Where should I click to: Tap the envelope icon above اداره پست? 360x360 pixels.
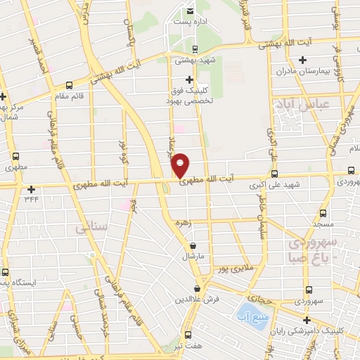click(x=191, y=11)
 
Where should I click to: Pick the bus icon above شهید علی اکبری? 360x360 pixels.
click(x=274, y=174)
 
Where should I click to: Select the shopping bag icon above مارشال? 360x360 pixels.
click(x=193, y=246)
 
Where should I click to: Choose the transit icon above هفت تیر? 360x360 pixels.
click(x=188, y=335)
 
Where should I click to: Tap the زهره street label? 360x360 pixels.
click(x=184, y=221)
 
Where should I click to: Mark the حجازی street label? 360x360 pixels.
click(x=259, y=298)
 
